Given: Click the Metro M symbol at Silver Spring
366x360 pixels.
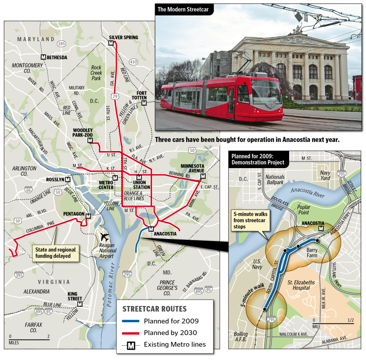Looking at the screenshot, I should (x=111, y=43).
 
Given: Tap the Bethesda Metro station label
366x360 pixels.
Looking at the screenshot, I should (x=57, y=57).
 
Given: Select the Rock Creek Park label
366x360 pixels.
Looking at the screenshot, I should (x=96, y=73).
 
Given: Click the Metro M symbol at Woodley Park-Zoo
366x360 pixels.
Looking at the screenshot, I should (x=90, y=141).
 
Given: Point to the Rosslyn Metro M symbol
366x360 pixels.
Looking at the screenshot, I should (x=68, y=179).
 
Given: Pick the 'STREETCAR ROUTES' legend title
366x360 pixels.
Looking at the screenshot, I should (x=154, y=309).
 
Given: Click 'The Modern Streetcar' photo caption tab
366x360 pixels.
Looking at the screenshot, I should (x=185, y=9).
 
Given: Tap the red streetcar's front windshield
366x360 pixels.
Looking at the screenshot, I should (x=266, y=92).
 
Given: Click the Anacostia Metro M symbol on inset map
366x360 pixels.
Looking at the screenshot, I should (x=321, y=228).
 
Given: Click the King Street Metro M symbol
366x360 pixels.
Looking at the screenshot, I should (x=79, y=304).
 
